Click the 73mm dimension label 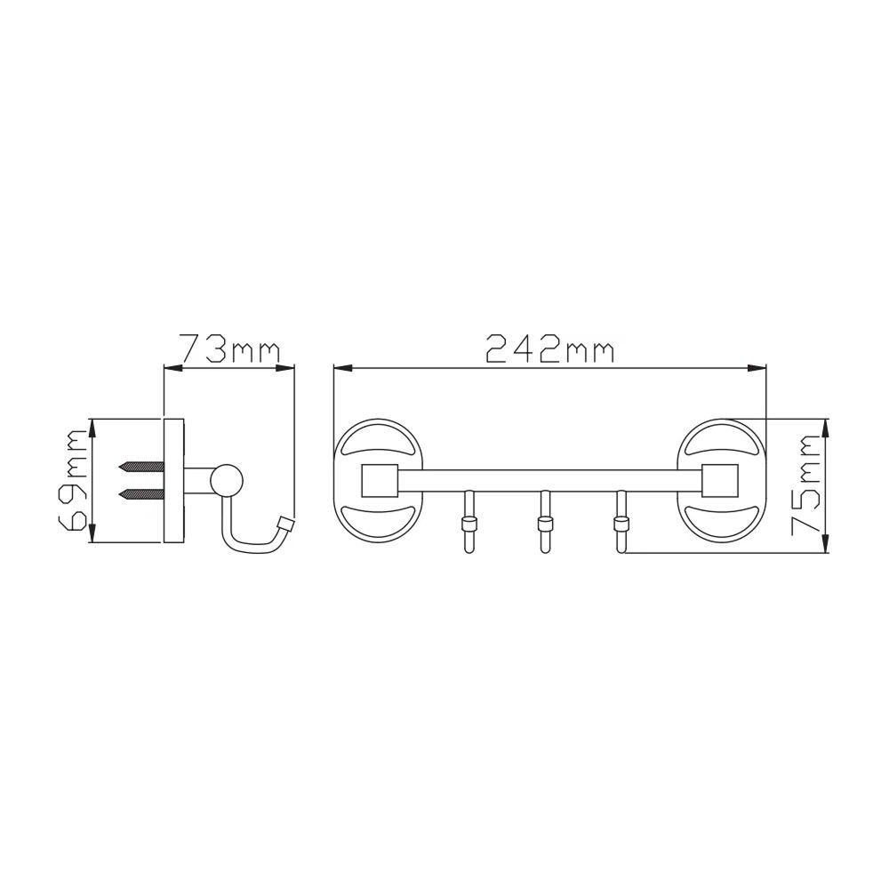point(229,348)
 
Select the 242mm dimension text point(550,348)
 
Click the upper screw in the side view point(141,467)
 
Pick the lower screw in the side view point(141,493)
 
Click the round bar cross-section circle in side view point(227,480)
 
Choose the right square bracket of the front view point(720,481)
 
